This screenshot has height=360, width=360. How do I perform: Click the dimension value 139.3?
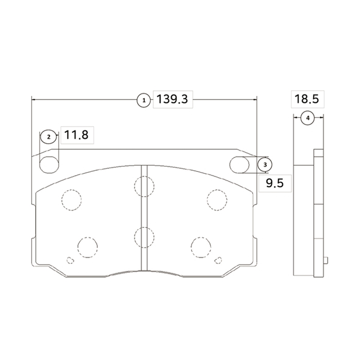pyautogui.click(x=172, y=99)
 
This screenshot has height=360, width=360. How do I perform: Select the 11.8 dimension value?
pyautogui.click(x=76, y=135)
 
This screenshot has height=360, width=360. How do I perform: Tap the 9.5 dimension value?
pyautogui.click(x=275, y=183)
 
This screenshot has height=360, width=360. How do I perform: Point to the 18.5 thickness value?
pyautogui.click(x=307, y=99)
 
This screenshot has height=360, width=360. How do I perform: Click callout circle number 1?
pyautogui.click(x=144, y=100)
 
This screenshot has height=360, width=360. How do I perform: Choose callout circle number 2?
pyautogui.click(x=49, y=137)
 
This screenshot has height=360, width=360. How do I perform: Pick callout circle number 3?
pyautogui.click(x=265, y=165)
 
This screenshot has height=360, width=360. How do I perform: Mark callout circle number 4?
pyautogui.click(x=308, y=118)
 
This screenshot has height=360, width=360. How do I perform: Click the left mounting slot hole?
pyautogui.click(x=49, y=165)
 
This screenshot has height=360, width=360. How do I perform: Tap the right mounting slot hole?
pyautogui.click(x=239, y=165)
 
